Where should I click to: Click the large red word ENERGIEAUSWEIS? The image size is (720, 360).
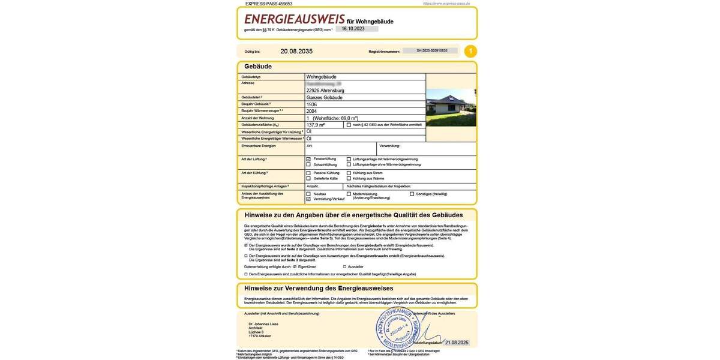click(x=294, y=19)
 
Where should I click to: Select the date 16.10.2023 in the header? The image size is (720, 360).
click(x=353, y=29)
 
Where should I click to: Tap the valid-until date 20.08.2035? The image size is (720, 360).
click(x=296, y=52)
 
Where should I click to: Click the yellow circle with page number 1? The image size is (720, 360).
click(x=471, y=52)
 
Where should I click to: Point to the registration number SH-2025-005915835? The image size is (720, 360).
click(x=432, y=51)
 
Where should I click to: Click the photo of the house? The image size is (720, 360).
click(x=451, y=107)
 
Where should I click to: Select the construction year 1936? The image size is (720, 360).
click(x=312, y=104)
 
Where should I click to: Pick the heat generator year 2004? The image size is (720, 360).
click(x=312, y=111)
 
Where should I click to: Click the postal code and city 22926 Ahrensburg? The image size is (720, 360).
click(x=325, y=91)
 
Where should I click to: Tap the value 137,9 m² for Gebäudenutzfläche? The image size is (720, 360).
click(x=316, y=125)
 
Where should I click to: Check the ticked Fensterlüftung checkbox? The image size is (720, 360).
click(x=308, y=159)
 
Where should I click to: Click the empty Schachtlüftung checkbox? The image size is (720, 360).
click(x=308, y=164)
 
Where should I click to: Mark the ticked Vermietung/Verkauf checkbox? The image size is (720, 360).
click(x=308, y=199)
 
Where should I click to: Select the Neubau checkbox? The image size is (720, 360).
click(x=308, y=194)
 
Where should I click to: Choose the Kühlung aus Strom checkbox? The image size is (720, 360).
click(x=349, y=173)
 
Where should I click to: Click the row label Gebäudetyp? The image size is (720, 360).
click(x=251, y=77)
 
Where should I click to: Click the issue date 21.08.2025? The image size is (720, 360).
click(x=457, y=343)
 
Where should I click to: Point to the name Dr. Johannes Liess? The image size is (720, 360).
click(x=263, y=324)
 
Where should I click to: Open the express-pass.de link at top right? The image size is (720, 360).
click(x=446, y=4)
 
